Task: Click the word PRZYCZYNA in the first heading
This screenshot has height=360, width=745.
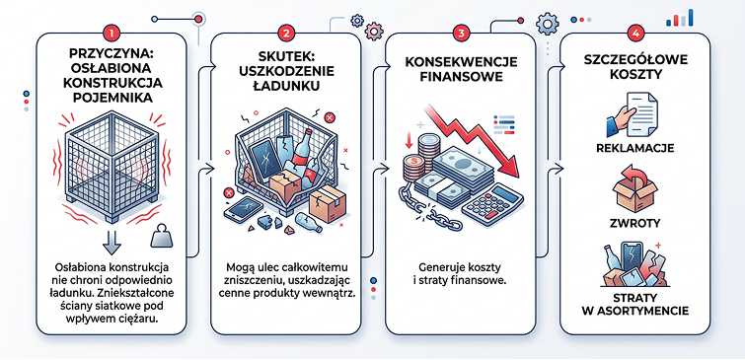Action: pos(112,56)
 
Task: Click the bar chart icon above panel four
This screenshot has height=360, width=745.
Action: pos(680,17)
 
